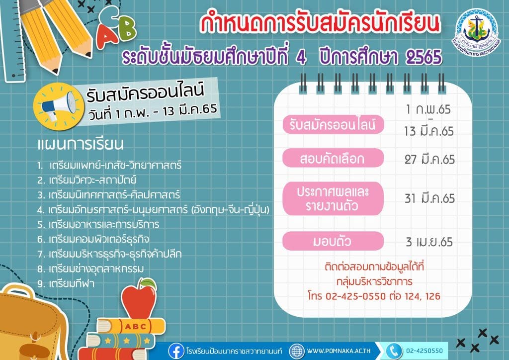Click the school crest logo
(x=477, y=31)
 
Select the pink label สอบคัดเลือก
(x=333, y=158)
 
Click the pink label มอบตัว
(x=333, y=241)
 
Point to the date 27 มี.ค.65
(x=429, y=160)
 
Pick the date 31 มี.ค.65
(x=429, y=198)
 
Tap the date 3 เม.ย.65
(x=429, y=242)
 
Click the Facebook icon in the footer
(x=176, y=351)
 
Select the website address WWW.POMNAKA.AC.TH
(x=339, y=351)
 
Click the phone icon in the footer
(x=394, y=351)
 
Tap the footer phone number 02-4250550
(x=424, y=351)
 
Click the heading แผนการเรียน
(x=81, y=144)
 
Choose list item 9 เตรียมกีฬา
(x=66, y=284)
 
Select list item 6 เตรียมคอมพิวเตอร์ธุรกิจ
(x=93, y=239)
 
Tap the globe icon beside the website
(x=297, y=351)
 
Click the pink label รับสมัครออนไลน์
(x=333, y=125)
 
